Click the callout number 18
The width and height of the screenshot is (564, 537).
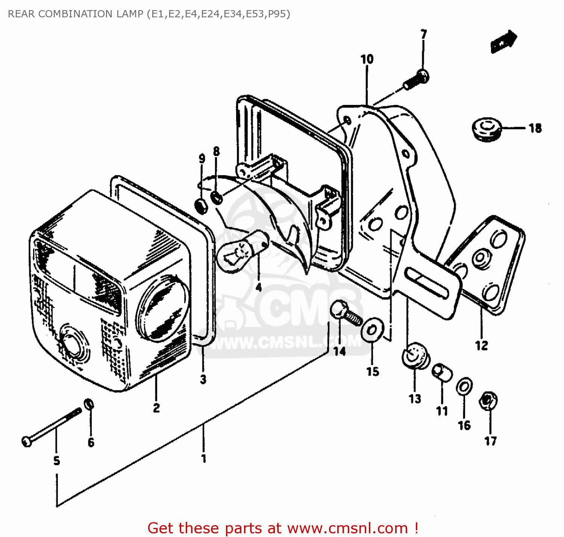(x=535, y=129)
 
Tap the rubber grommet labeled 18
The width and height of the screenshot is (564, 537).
(x=486, y=129)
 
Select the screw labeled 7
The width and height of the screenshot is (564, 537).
(x=416, y=80)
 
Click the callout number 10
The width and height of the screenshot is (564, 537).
(x=367, y=59)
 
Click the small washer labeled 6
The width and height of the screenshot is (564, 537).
(x=89, y=405)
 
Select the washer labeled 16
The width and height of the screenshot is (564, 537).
(x=464, y=387)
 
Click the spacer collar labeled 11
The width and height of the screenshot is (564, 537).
(x=442, y=373)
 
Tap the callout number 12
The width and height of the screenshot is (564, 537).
(x=481, y=345)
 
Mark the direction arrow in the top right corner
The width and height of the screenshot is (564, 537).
(x=504, y=41)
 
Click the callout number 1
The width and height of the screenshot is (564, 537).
(x=203, y=458)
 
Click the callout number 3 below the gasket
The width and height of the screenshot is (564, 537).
(x=203, y=379)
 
